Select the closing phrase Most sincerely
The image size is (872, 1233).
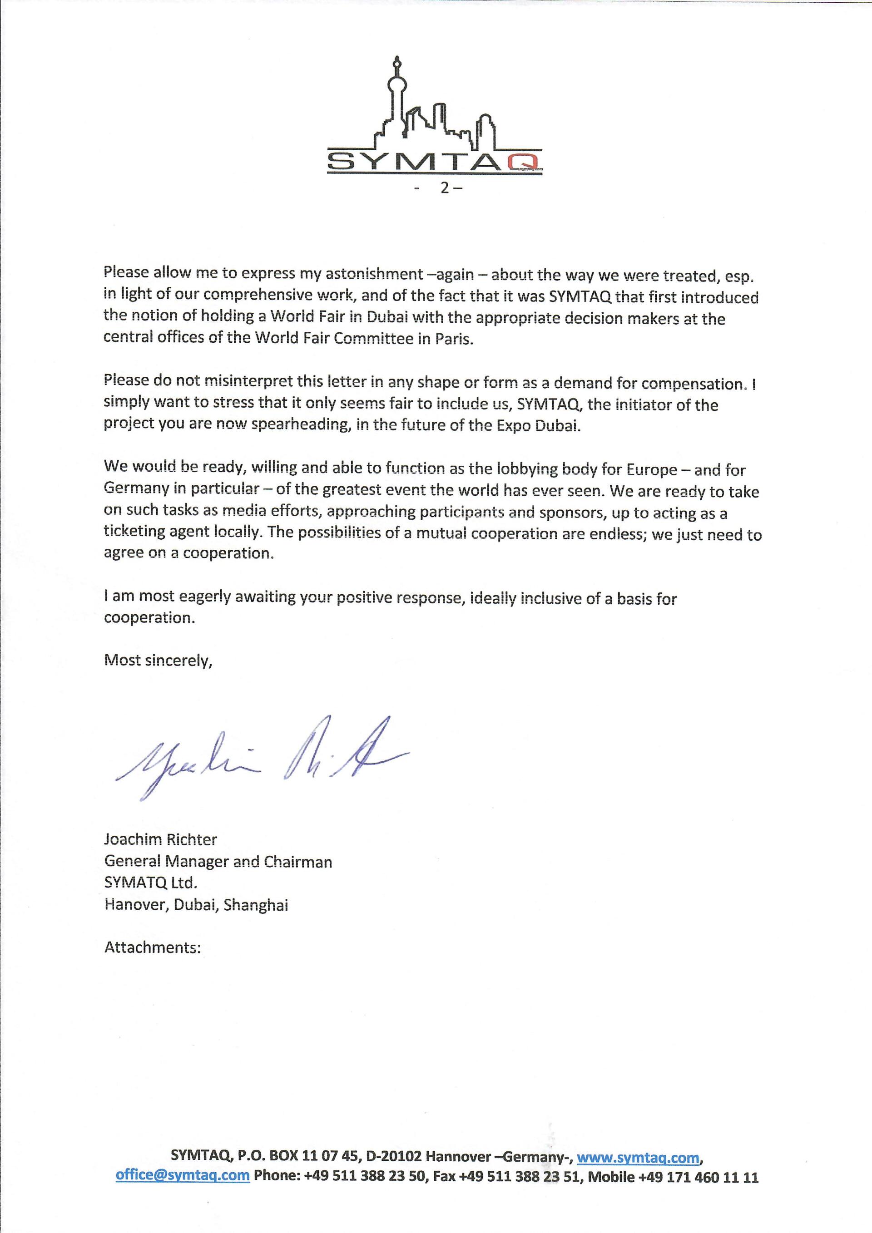click(158, 660)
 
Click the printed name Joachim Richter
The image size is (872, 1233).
click(161, 839)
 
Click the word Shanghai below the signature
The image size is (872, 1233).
click(256, 905)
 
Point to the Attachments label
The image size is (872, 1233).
click(153, 947)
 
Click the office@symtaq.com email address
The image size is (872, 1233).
click(183, 1175)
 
